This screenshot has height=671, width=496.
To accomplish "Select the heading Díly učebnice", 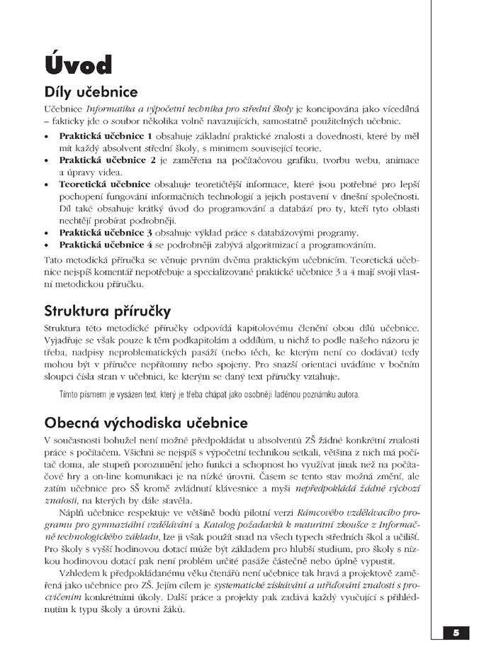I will coord(90,93).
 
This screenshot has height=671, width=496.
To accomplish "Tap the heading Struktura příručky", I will coord(106,311).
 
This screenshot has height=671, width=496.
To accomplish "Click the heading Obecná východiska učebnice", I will coord(145,423).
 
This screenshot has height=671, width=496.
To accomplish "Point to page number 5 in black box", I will coord(456,633).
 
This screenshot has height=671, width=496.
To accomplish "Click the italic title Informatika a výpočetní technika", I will coord(170,109).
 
